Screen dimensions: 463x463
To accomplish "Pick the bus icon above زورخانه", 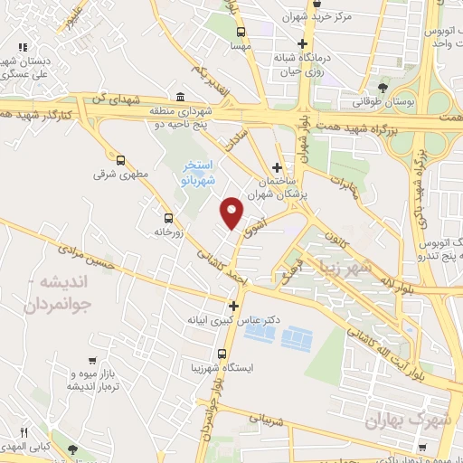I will click(168, 217).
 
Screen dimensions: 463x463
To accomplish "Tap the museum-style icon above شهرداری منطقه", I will click(182, 97).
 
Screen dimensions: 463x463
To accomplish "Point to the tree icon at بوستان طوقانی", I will click(384, 89).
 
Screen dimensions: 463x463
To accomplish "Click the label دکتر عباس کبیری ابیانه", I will click(233, 320).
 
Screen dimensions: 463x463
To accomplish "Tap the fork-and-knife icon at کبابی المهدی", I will click(26, 433).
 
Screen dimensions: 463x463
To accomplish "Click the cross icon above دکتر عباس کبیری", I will click(233, 306).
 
